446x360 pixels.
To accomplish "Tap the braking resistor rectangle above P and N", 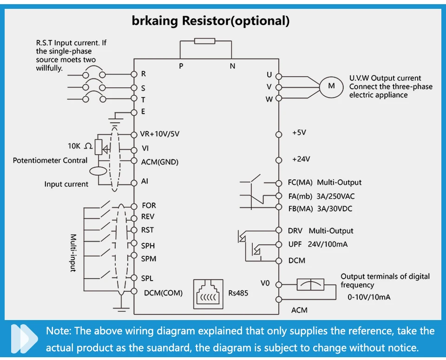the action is tap(205, 41).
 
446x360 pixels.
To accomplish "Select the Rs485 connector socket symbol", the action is tap(208, 294).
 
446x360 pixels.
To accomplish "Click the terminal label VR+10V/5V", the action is tap(159, 134).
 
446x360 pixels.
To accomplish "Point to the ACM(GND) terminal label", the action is tap(159, 162).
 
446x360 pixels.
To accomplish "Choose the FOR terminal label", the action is tap(149, 205).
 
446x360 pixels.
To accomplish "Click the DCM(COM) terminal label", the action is tap(163, 293).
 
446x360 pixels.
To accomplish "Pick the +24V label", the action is tap(301, 159).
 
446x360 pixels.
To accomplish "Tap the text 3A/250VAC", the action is tap(335, 196).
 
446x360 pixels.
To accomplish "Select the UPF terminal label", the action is tap(295, 244).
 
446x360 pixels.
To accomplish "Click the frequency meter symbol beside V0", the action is tap(310, 284).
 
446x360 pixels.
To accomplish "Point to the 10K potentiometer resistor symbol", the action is tap(98, 147).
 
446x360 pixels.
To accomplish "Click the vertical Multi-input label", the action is tap(73, 253).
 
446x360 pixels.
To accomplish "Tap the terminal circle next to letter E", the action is tap(134, 112).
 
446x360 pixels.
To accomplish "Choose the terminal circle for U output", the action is tap(279, 77).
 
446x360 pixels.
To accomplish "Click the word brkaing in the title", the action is tap(155, 21).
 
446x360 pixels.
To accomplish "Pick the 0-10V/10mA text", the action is tap(369, 297).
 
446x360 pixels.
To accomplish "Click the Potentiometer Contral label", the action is tap(50, 160).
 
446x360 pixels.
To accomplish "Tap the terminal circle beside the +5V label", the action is tap(279, 135).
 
